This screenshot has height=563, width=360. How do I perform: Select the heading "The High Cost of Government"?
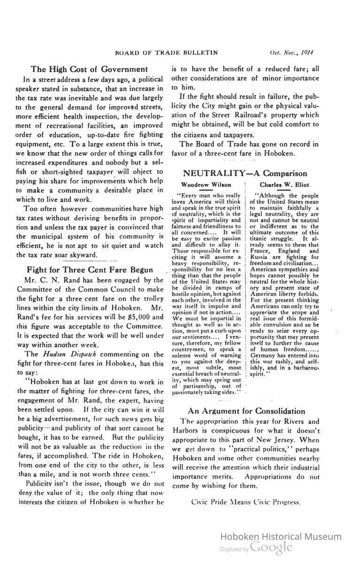coord(89,69)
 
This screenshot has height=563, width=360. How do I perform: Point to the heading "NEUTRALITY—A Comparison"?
coord(245,174)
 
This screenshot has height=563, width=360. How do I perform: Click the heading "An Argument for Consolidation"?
coord(246,411)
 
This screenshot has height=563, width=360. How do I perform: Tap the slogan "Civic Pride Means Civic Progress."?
coord(245,502)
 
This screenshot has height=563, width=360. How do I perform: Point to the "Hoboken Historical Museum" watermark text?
coord(281,537)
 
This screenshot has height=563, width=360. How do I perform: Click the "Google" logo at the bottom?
coord(271,547)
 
